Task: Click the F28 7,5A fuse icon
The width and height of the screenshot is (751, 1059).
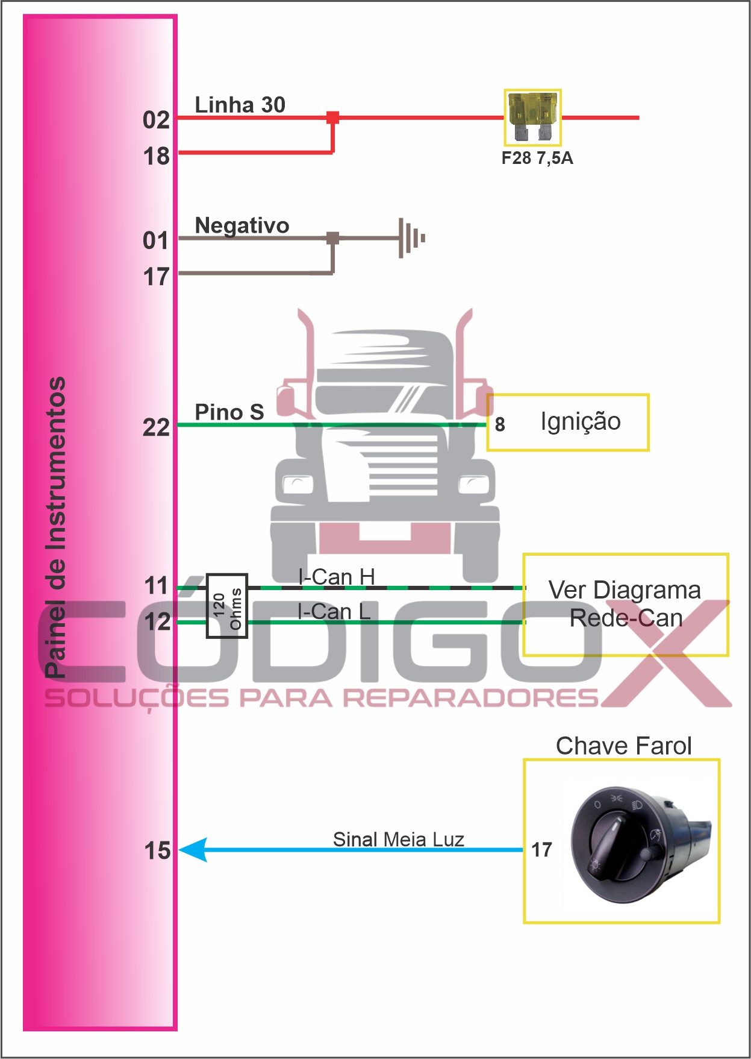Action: click(x=532, y=117)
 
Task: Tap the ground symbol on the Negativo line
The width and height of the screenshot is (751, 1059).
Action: click(x=411, y=238)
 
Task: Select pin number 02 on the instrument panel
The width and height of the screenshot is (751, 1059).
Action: click(x=156, y=120)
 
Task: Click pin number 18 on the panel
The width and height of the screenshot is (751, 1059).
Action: click(x=156, y=157)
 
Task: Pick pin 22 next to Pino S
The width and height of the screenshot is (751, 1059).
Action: click(x=156, y=428)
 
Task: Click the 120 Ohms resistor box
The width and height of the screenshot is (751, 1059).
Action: click(x=227, y=605)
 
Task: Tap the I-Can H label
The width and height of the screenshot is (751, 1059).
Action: click(x=336, y=577)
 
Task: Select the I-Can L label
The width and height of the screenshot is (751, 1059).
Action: click(x=334, y=612)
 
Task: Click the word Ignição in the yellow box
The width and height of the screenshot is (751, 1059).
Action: click(x=580, y=421)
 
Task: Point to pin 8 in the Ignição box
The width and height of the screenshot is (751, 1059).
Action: click(x=500, y=424)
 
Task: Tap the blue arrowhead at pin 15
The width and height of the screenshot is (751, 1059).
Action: click(x=194, y=850)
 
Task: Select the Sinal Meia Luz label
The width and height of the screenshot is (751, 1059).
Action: click(x=398, y=839)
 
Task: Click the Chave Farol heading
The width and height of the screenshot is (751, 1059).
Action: click(x=623, y=746)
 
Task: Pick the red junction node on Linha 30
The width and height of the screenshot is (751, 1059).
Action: click(x=332, y=118)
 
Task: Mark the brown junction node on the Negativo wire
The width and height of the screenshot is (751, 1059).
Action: click(x=332, y=238)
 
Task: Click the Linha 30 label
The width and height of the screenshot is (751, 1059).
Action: click(x=240, y=105)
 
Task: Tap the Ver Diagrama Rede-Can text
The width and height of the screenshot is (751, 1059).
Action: click(x=625, y=604)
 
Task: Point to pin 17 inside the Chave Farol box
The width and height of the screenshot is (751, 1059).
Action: click(x=541, y=850)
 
